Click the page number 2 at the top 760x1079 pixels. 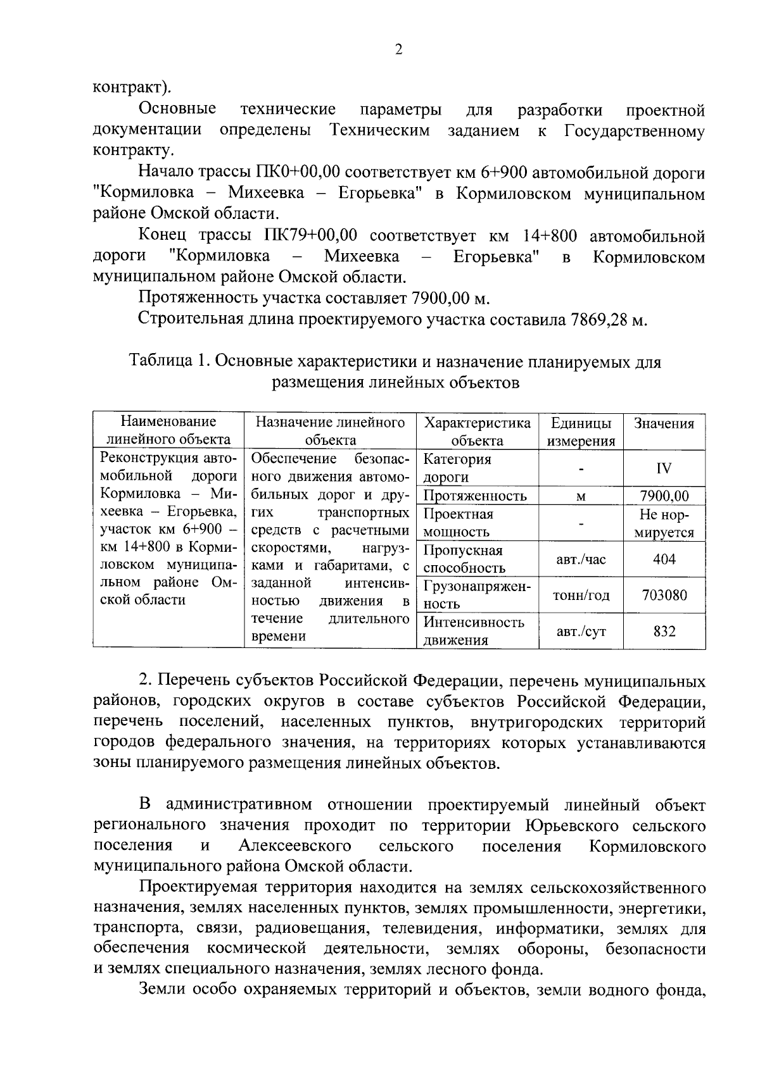click(398, 51)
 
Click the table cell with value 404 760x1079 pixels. click(664, 559)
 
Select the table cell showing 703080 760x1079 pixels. click(664, 596)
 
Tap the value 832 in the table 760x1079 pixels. click(664, 632)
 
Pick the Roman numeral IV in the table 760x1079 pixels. click(664, 468)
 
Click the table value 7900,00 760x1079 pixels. click(664, 496)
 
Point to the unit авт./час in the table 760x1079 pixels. click(581, 559)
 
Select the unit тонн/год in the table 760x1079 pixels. click(581, 596)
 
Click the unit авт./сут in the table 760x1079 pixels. click(581, 632)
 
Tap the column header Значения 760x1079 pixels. click(664, 424)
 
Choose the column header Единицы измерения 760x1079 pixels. click(581, 432)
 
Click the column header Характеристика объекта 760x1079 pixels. click(477, 432)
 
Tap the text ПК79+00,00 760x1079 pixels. click(310, 237)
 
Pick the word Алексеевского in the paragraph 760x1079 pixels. click(295, 846)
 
